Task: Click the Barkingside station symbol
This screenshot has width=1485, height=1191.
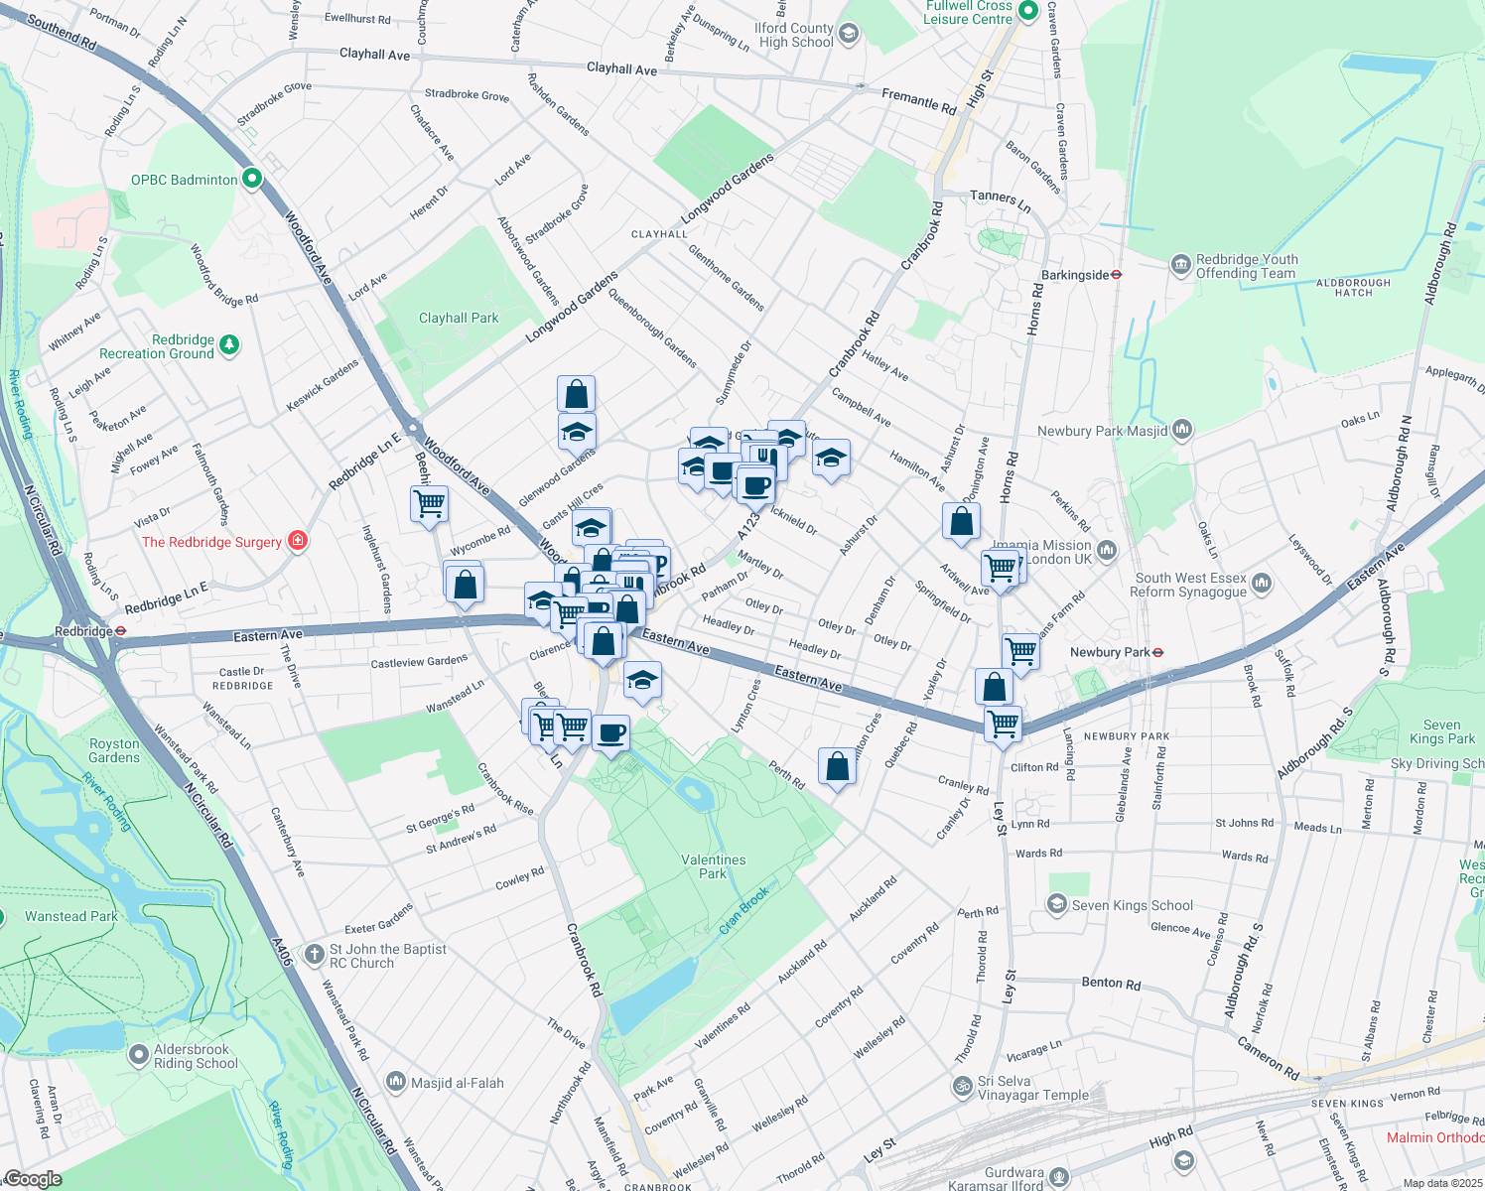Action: point(1117,275)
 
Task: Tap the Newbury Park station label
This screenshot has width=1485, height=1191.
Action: point(1109,652)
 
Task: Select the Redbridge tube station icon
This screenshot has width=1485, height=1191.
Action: point(120,631)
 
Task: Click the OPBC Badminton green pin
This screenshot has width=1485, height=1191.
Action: point(252,179)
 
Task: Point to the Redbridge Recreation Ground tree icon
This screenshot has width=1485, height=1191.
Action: point(229,345)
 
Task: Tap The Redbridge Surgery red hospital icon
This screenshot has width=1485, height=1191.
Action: point(297,541)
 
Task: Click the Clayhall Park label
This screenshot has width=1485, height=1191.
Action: point(459,319)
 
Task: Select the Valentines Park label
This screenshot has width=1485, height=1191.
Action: point(713,866)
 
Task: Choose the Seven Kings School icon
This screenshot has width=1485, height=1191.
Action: point(1057,904)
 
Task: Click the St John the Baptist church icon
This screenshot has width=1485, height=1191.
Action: point(314,955)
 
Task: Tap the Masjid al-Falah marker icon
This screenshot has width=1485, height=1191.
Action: point(396,1081)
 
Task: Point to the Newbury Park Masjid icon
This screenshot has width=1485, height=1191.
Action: point(1181,430)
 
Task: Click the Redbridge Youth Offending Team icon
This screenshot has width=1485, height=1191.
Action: point(1180,265)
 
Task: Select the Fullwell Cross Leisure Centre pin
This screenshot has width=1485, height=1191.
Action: point(1028,12)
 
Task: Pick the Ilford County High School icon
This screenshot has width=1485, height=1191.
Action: point(848,35)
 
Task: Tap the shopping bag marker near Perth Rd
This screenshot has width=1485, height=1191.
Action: point(837,767)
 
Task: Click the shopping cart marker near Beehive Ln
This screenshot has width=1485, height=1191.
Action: point(429,503)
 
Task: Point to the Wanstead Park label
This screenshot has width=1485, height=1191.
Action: point(70,916)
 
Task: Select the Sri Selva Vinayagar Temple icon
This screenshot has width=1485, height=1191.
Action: point(962,1087)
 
